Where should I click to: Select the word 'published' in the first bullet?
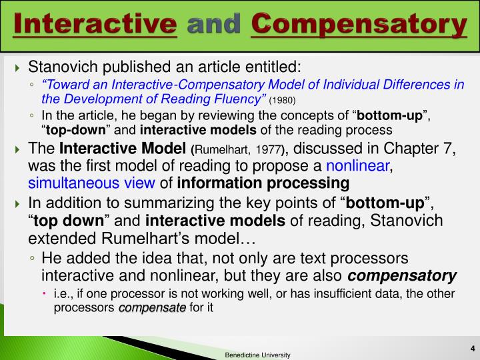[124, 67]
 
